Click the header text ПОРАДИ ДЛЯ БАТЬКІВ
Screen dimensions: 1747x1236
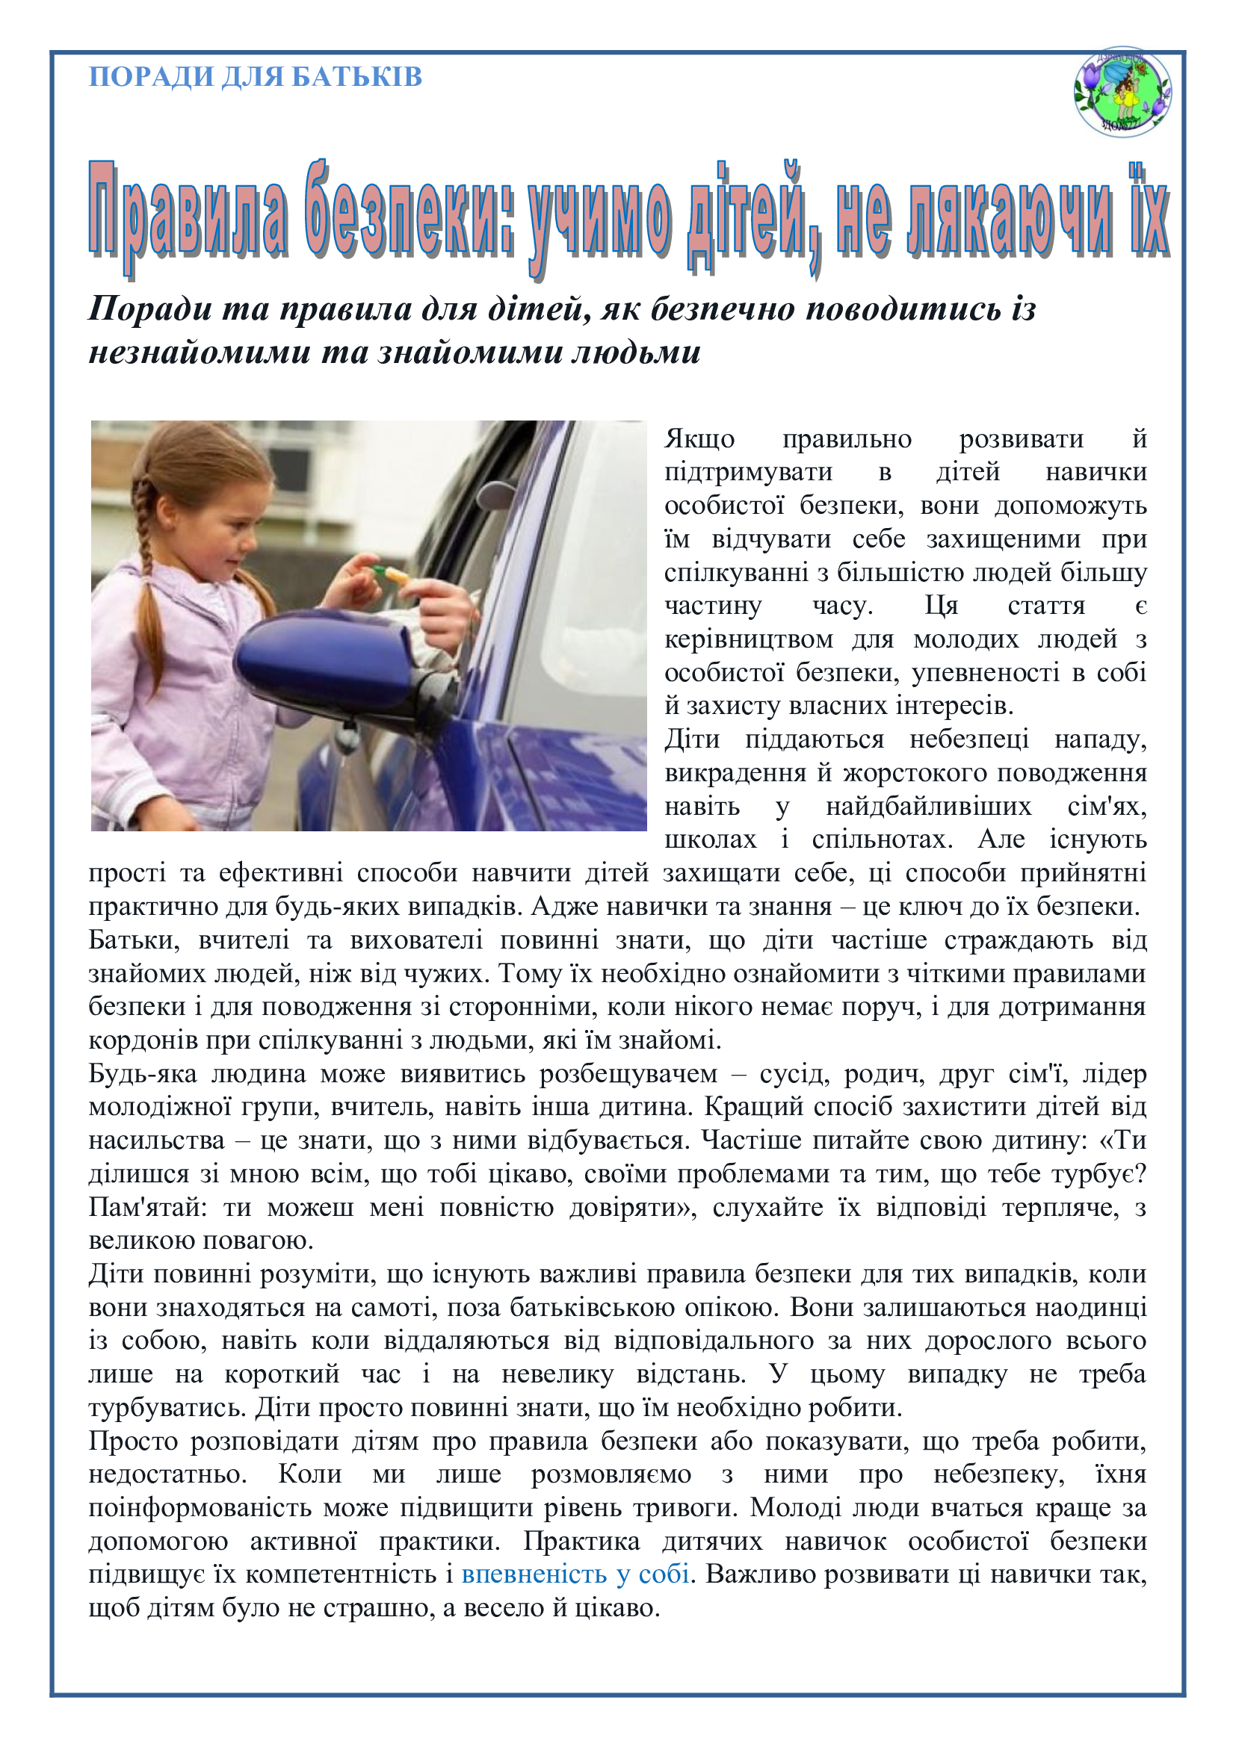255,77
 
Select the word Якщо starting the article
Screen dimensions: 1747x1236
699,439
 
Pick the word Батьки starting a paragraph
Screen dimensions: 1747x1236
134,940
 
